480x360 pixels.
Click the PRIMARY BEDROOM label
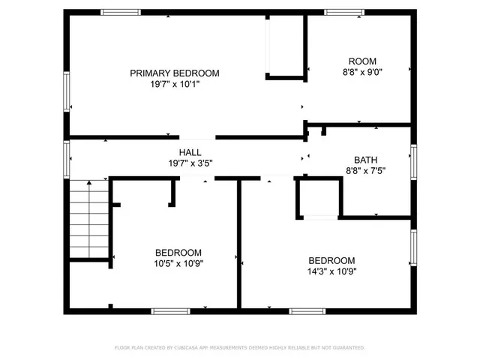pyautogui.click(x=174, y=73)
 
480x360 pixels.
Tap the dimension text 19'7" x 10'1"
pyautogui.click(x=174, y=85)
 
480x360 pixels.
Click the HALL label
pyautogui.click(x=189, y=152)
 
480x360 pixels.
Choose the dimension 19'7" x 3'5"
pyautogui.click(x=189, y=163)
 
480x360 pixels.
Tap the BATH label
pyautogui.click(x=366, y=159)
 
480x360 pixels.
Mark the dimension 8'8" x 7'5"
pyautogui.click(x=366, y=171)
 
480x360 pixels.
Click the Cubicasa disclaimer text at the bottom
pyautogui.click(x=239, y=348)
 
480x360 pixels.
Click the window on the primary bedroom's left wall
pyautogui.click(x=67, y=92)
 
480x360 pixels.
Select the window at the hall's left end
pyautogui.click(x=67, y=158)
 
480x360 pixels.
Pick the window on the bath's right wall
pyautogui.click(x=412, y=163)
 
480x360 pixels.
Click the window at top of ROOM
pyautogui.click(x=344, y=11)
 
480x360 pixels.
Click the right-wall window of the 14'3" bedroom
pyautogui.click(x=412, y=249)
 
